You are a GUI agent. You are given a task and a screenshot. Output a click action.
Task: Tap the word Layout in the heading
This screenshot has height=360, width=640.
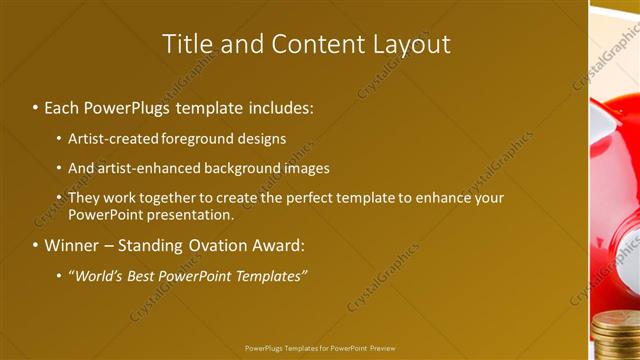click(410, 44)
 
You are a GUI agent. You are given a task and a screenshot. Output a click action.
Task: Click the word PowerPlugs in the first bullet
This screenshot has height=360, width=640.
click(125, 106)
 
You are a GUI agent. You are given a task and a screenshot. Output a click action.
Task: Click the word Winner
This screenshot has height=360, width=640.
click(72, 245)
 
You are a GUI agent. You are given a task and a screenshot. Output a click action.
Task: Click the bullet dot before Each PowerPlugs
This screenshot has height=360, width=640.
click(36, 107)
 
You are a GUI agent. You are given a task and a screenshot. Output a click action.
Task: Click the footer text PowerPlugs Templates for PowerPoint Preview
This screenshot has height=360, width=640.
click(320, 348)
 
